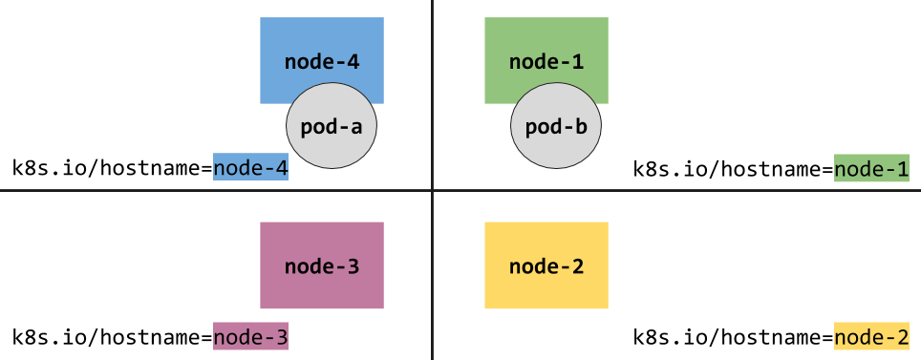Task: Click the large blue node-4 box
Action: click(x=322, y=43)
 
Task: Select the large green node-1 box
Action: click(x=546, y=43)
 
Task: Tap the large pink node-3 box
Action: click(x=322, y=265)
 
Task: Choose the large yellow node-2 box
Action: click(x=546, y=265)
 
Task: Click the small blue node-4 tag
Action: click(x=250, y=168)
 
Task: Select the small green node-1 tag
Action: click(x=871, y=169)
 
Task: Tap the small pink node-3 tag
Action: click(x=250, y=337)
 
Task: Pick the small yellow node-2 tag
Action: click(x=871, y=337)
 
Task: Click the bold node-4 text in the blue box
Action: click(x=322, y=63)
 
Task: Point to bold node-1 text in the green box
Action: click(x=546, y=63)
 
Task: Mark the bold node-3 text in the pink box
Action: click(x=322, y=266)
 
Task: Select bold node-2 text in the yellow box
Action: click(x=546, y=266)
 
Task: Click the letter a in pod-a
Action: click(x=356, y=127)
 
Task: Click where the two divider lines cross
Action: click(x=433, y=190)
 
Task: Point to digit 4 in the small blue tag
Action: click(x=282, y=168)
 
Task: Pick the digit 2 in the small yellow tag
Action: click(x=903, y=337)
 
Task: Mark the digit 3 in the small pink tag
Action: click(x=282, y=337)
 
